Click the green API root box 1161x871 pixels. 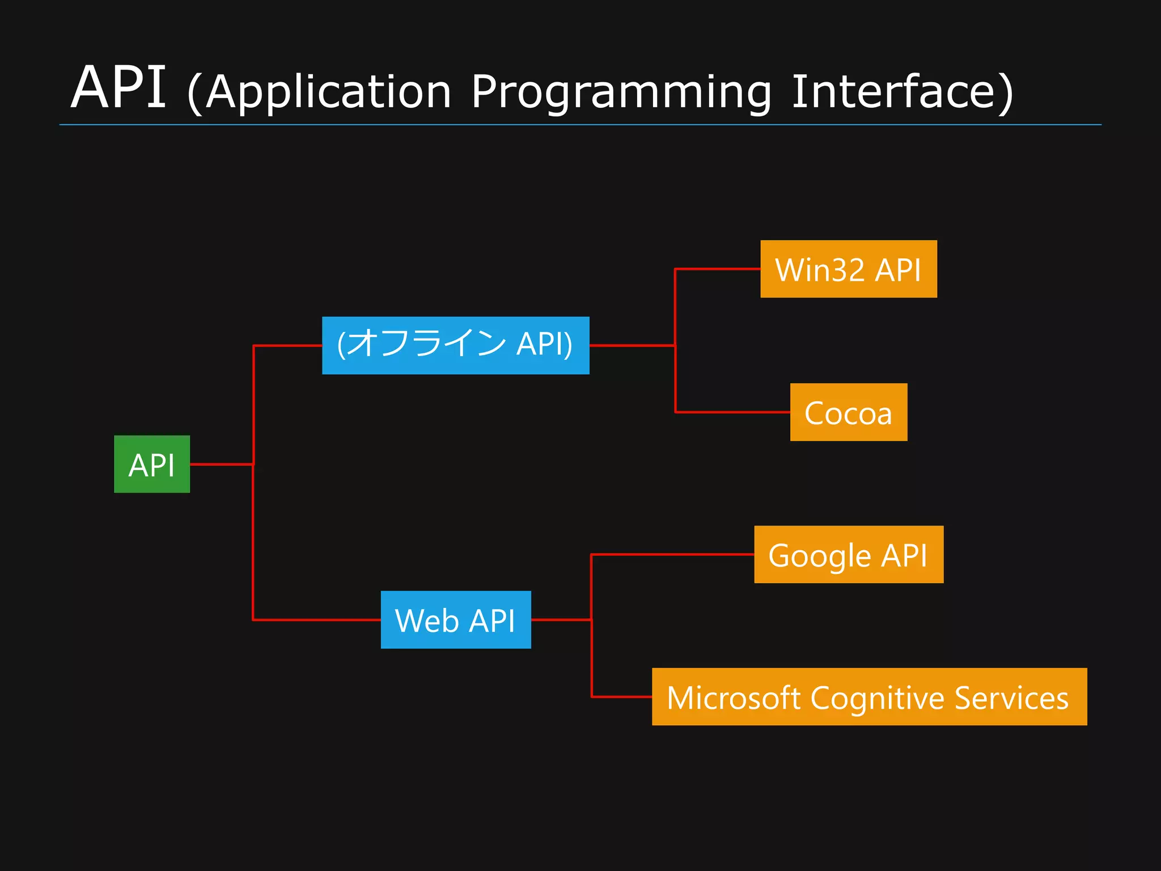click(x=152, y=464)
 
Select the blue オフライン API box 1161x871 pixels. click(x=455, y=345)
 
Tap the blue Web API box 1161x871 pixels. click(x=456, y=619)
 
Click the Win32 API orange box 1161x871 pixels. click(x=848, y=269)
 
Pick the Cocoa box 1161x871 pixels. click(x=848, y=412)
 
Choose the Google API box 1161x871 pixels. click(x=848, y=554)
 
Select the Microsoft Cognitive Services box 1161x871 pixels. click(x=869, y=696)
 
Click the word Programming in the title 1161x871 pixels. click(x=621, y=92)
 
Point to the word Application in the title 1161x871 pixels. click(x=329, y=92)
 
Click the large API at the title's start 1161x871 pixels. click(x=118, y=88)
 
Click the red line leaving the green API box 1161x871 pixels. click(x=221, y=464)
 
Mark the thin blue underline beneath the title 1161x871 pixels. click(x=580, y=125)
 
